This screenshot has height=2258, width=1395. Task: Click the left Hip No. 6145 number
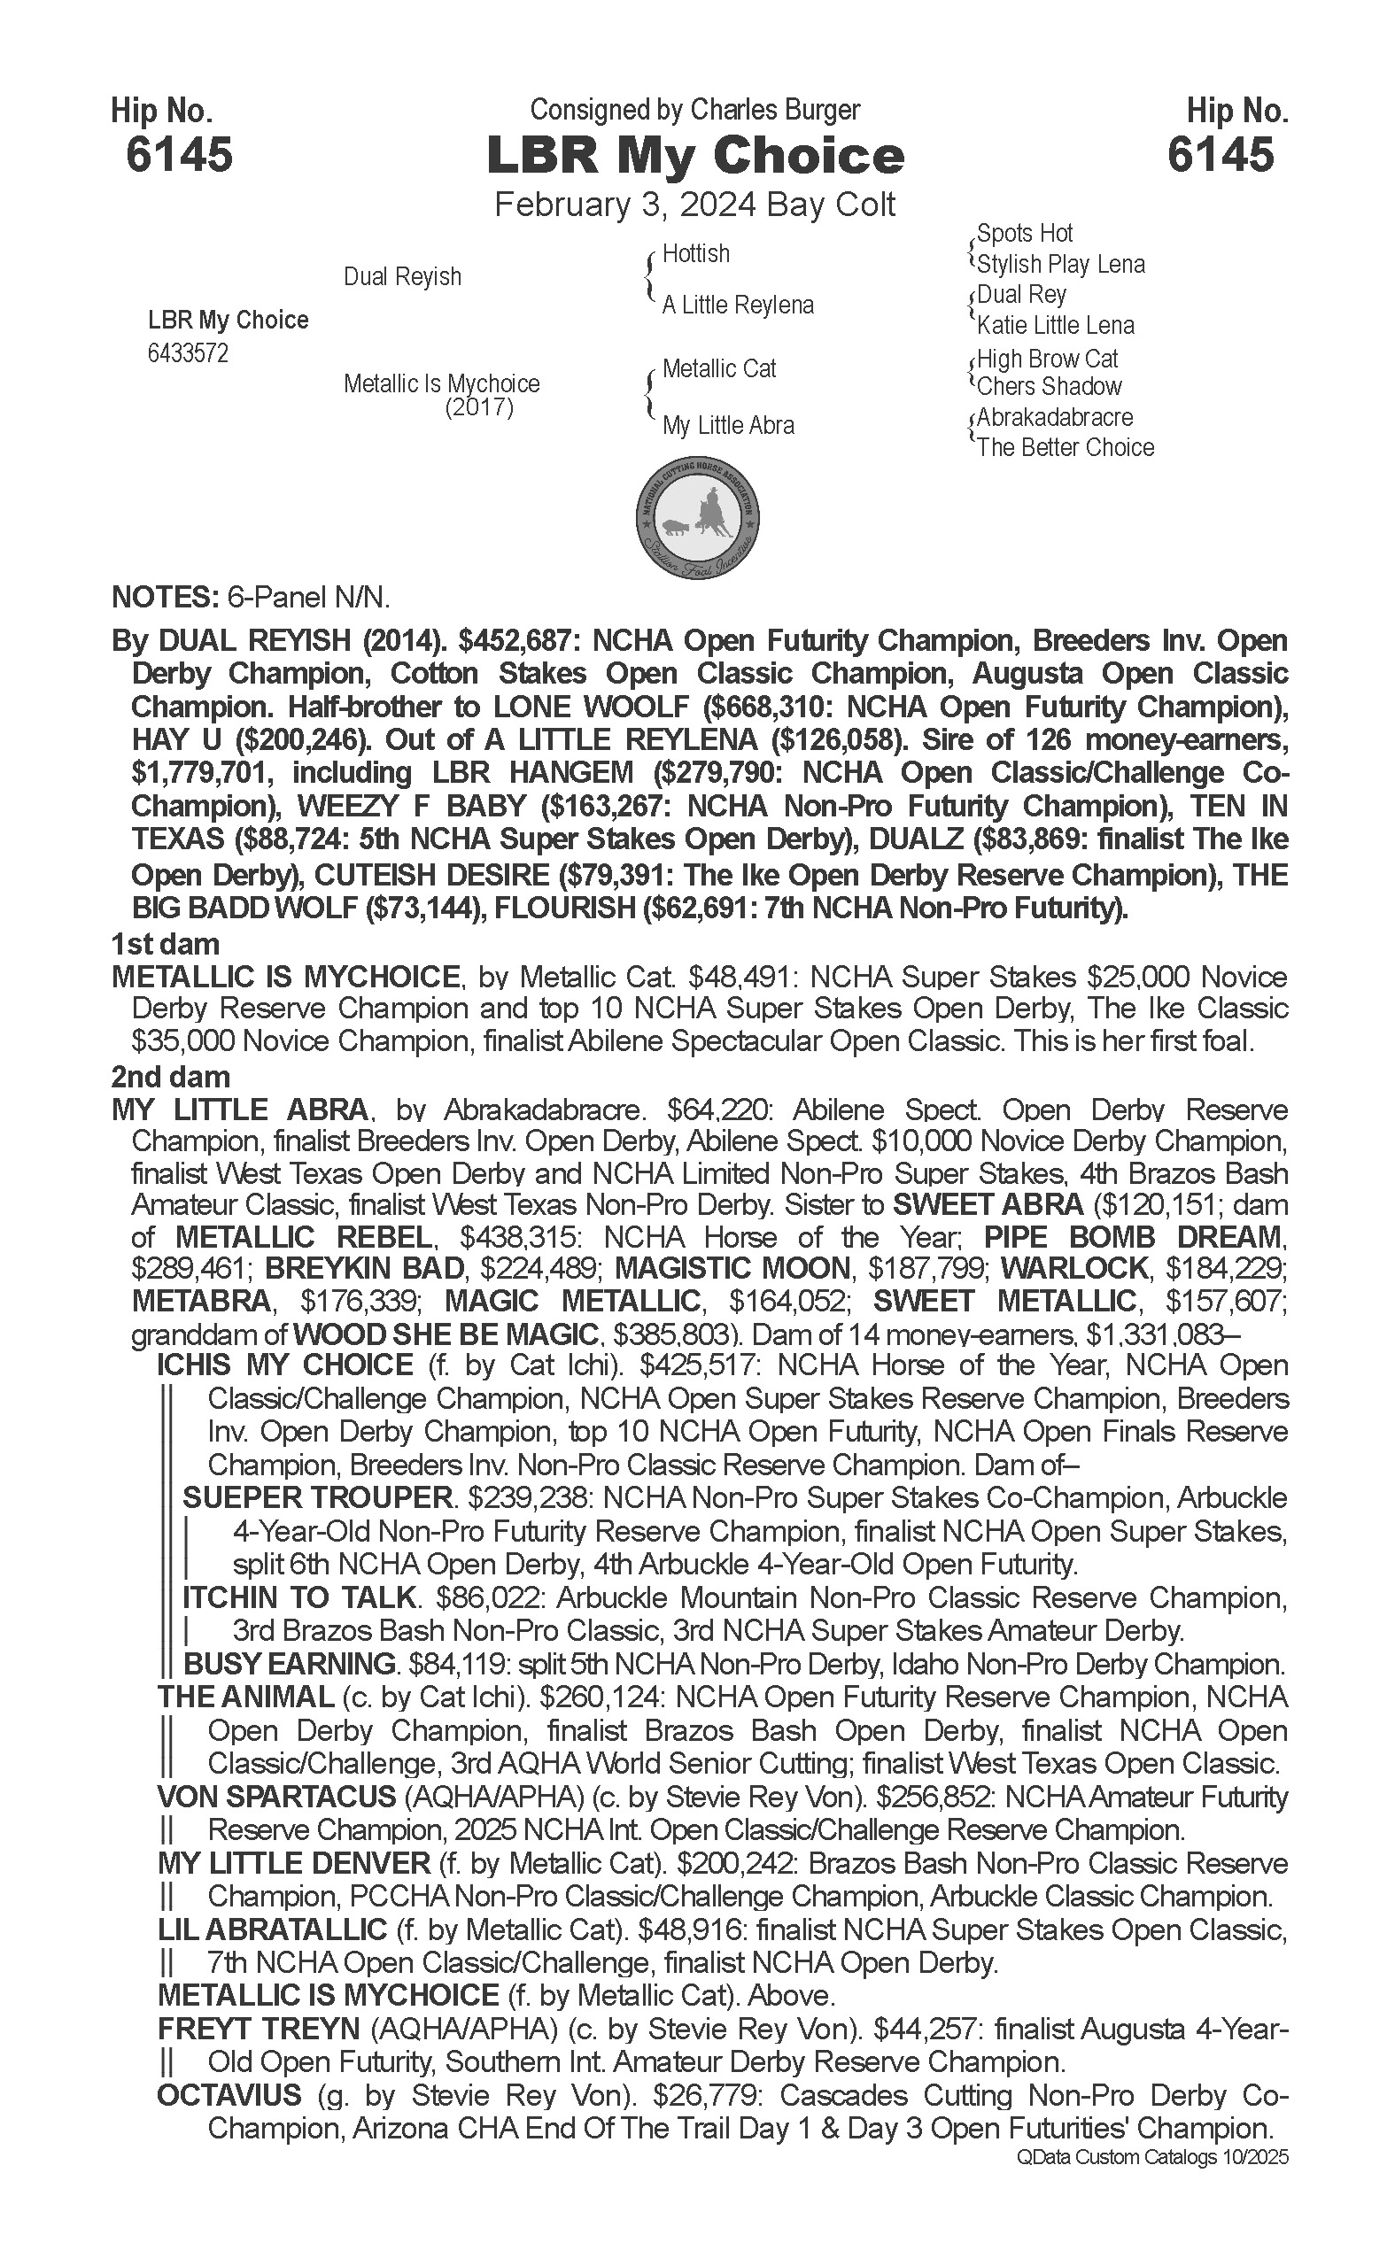(x=179, y=155)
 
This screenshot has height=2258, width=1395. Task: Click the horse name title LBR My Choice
(x=694, y=156)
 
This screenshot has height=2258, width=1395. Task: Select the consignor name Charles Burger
(x=775, y=110)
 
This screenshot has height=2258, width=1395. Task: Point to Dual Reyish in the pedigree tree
(x=402, y=276)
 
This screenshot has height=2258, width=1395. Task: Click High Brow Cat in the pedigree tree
(x=1047, y=359)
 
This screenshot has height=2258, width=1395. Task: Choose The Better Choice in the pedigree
(x=1066, y=448)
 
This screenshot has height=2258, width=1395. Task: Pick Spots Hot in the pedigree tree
(x=1024, y=234)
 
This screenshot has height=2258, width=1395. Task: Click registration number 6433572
(x=188, y=354)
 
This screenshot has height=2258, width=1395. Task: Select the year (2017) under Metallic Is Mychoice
(x=479, y=407)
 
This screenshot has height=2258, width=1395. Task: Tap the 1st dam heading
(x=165, y=945)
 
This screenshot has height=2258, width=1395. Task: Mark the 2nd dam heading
(x=170, y=1077)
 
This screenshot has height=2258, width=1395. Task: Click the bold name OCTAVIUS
(x=229, y=2095)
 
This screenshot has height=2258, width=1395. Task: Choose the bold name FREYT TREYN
(x=259, y=2029)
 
